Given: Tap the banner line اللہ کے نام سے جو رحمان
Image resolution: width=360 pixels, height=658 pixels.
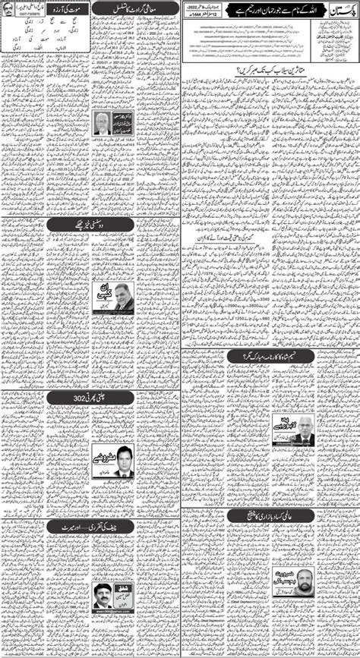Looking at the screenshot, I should [267, 13].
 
